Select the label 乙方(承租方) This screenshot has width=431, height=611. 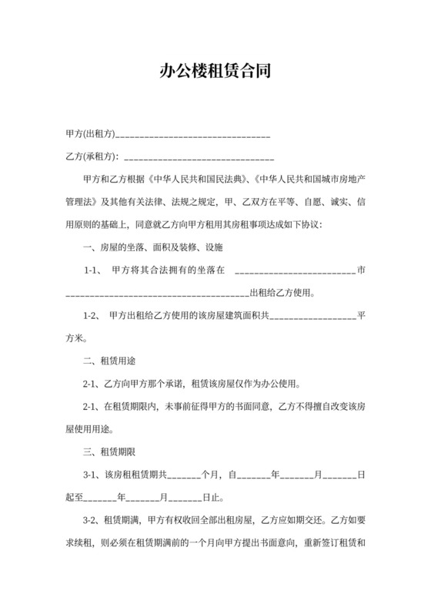tap(92, 157)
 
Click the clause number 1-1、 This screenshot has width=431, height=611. tap(93, 270)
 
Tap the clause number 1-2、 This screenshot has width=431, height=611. tap(92, 316)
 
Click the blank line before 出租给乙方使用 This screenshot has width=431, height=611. tap(158, 294)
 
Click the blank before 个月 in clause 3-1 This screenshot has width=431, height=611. tap(185, 475)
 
